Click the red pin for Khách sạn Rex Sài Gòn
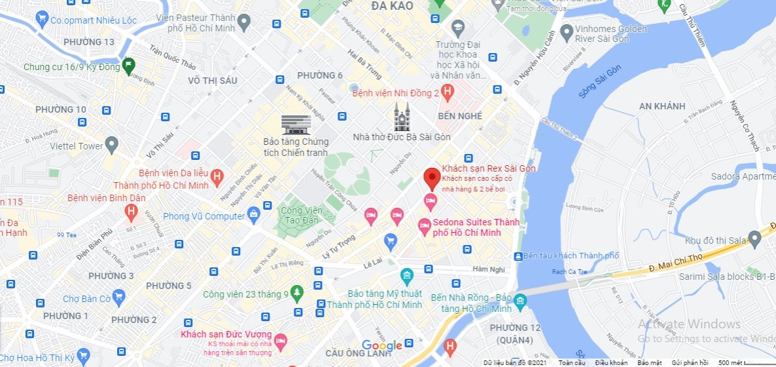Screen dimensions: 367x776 point(431,178)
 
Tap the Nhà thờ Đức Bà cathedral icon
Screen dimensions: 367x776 point(402,116)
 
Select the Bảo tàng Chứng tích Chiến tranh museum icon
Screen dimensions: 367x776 point(296,123)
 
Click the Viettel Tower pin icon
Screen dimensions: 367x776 point(112,145)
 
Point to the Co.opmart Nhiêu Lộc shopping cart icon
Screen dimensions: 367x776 point(43,20)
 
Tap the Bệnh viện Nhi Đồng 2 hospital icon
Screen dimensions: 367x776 point(448,93)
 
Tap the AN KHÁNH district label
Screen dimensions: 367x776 point(662,106)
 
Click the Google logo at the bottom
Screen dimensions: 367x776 point(381,346)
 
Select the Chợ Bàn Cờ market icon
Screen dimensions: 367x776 point(118,298)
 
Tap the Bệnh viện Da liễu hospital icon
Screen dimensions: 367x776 point(218,176)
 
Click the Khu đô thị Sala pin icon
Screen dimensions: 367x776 point(756,241)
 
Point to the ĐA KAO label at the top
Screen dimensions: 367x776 point(392,6)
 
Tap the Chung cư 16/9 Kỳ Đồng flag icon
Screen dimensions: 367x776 point(128,65)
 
